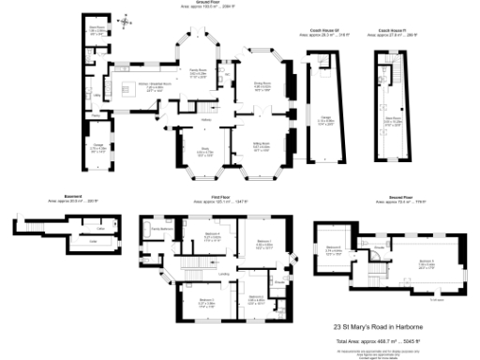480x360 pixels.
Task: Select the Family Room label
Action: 197,71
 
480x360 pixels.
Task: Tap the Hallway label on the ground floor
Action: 205,118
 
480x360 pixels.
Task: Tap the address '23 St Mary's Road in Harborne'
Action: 378,327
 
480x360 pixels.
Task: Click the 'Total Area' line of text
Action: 378,339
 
